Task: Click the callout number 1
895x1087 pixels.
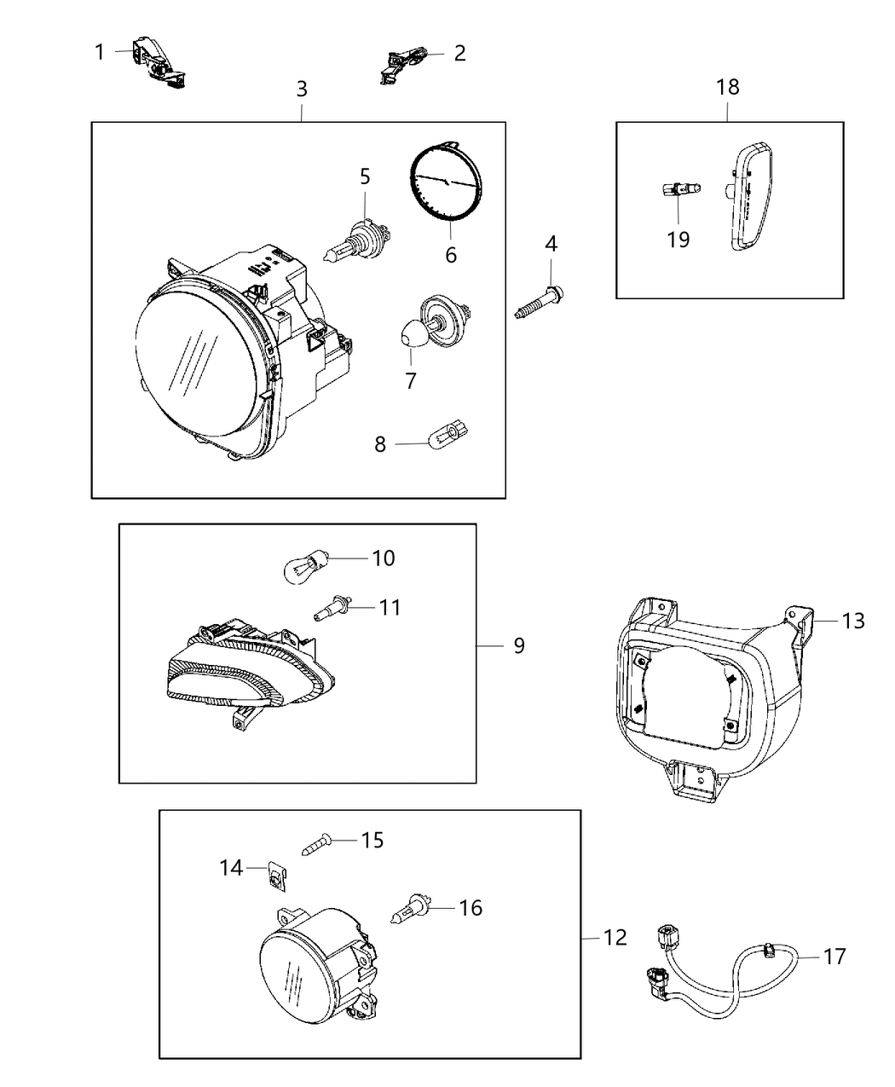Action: click(x=100, y=53)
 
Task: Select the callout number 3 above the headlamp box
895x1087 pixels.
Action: click(x=302, y=89)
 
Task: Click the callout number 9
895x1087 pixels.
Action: click(x=518, y=645)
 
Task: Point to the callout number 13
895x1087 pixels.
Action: click(x=852, y=621)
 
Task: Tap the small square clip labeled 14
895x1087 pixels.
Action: click(x=275, y=875)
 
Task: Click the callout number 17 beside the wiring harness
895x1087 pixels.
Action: click(x=834, y=957)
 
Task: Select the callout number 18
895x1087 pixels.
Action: click(x=728, y=87)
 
